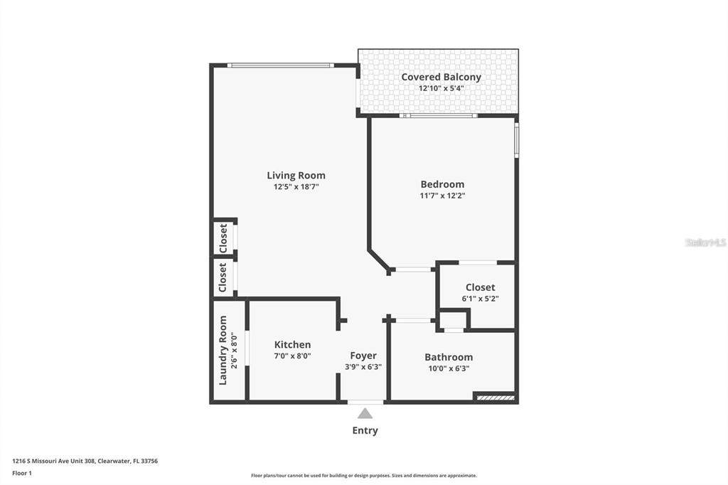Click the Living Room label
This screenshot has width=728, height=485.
(296, 175)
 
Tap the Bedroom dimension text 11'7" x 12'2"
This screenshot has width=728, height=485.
(442, 196)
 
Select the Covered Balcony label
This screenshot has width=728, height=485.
(441, 77)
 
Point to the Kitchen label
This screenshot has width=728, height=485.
(292, 344)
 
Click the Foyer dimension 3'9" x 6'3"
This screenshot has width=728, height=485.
(363, 366)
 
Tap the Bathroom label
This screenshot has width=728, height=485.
(449, 357)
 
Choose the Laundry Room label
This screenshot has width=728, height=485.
(223, 351)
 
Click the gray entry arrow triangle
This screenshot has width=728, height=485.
(365, 413)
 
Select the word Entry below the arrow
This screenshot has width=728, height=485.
(365, 430)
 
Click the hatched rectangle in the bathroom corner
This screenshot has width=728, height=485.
(496, 398)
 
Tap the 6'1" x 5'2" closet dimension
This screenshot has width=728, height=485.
(480, 299)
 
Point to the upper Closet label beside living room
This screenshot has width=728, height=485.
(223, 238)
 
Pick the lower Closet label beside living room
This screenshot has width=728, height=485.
(223, 277)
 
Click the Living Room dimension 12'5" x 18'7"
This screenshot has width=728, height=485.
(296, 187)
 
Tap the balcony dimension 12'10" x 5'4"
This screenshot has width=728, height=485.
(441, 88)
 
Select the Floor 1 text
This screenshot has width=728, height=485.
(22, 474)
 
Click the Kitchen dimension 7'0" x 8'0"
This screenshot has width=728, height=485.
(292, 356)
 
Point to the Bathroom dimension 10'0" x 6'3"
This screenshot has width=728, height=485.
(449, 368)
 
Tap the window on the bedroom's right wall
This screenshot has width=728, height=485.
(516, 139)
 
